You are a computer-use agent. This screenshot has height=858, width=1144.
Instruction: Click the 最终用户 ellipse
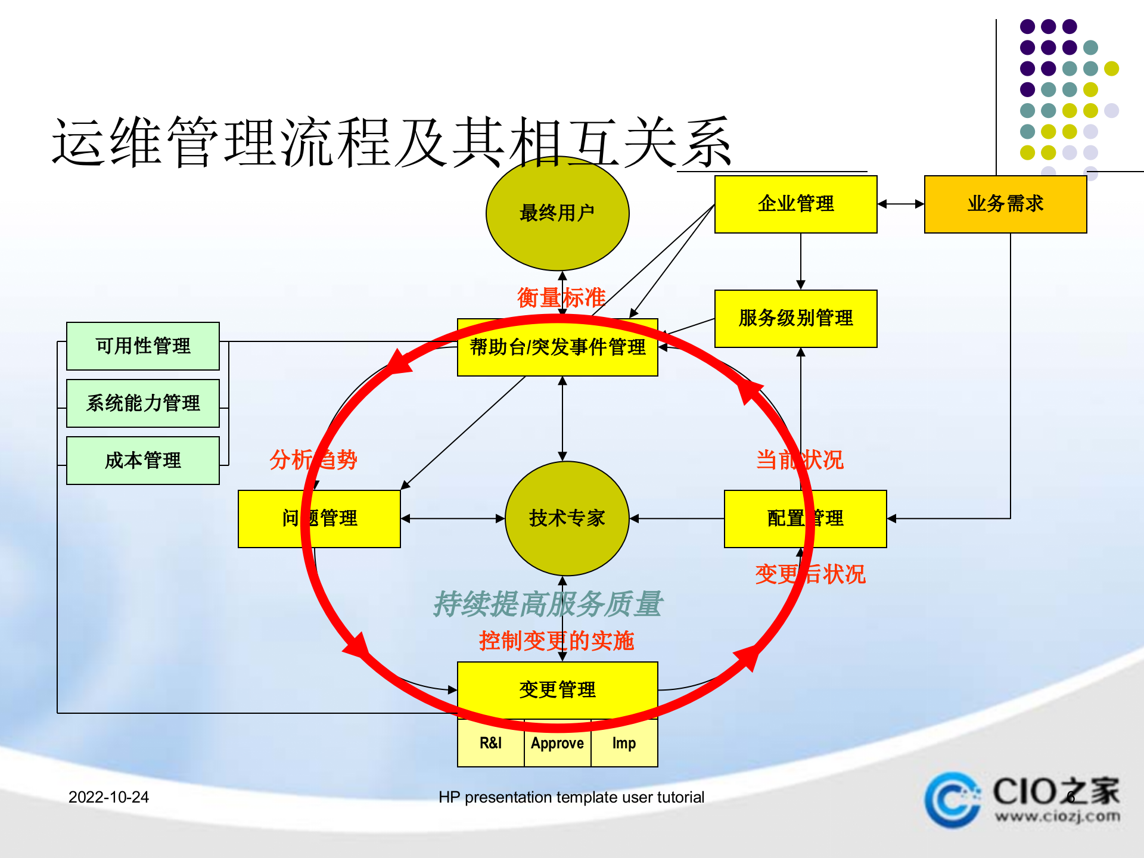557,213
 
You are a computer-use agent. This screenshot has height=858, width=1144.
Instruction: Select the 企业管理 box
795,204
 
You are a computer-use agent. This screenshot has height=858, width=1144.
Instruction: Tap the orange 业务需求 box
1005,204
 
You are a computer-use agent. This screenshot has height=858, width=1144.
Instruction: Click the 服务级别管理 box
795,318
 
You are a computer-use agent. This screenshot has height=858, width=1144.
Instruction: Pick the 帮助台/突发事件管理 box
557,347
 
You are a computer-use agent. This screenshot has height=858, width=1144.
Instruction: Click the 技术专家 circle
567,518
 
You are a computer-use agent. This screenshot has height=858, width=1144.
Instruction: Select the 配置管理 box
805,518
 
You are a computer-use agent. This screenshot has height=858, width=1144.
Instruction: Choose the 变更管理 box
557,689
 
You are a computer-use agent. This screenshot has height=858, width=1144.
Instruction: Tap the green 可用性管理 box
143,346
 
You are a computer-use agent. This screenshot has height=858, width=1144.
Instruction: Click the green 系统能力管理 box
143,403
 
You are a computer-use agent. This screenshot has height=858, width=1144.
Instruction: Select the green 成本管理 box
143,460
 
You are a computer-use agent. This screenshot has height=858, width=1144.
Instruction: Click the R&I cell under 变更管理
490,744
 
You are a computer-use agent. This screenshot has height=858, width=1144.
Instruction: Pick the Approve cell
557,744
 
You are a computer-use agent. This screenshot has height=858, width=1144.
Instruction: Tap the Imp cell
624,744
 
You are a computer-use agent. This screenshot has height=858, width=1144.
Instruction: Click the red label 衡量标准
561,297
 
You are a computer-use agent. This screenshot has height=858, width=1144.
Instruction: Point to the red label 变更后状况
810,574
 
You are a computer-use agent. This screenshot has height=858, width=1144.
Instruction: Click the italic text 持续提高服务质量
548,604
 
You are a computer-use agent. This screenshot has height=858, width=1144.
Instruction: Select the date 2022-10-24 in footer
108,797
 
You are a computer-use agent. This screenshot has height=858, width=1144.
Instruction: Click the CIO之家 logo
1022,800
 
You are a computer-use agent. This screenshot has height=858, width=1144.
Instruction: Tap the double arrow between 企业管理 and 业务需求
900,204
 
